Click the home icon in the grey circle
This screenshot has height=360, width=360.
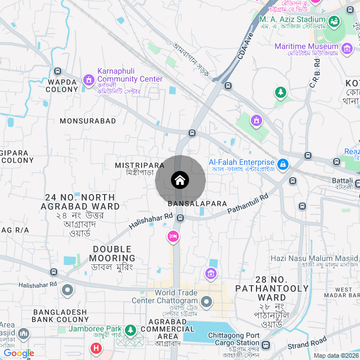(x=180, y=181)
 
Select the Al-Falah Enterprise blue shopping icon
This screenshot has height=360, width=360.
(x=283, y=165)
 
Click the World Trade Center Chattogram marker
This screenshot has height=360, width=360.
(x=206, y=302)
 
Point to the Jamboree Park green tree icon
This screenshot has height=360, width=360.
(x=130, y=330)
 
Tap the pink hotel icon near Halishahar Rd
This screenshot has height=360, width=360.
(x=173, y=237)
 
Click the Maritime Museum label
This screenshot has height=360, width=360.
(x=306, y=46)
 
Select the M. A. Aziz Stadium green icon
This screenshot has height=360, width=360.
(x=334, y=22)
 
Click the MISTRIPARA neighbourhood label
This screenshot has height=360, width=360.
(x=139, y=165)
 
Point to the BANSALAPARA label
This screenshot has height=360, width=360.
(x=197, y=203)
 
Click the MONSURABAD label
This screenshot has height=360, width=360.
(x=88, y=121)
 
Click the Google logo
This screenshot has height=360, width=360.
(x=18, y=353)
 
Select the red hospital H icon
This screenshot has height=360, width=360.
(x=96, y=349)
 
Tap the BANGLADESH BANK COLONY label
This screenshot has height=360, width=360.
(x=60, y=316)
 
